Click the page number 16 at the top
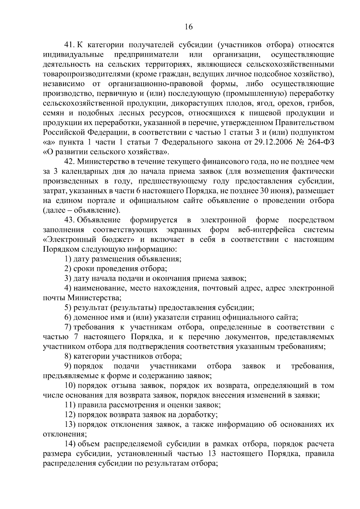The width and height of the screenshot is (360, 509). (x=188, y=27)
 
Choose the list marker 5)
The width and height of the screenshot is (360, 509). (x=68, y=308)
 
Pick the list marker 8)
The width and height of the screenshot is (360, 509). (x=68, y=356)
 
